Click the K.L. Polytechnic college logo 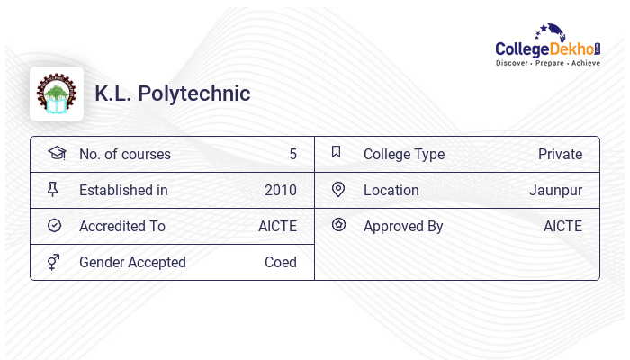click(57, 94)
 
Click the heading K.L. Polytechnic click(173, 94)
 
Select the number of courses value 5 click(292, 154)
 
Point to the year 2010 click(280, 190)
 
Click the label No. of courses click(124, 154)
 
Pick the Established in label click(123, 190)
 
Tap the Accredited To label click(122, 226)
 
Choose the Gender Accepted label click(132, 262)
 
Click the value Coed click(280, 262)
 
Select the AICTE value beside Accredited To click(277, 226)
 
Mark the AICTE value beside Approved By click(562, 226)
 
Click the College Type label click(404, 154)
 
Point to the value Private click(560, 154)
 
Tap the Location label click(391, 190)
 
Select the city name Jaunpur click(555, 190)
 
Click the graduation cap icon click(56, 153)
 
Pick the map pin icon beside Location click(338, 189)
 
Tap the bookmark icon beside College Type click(336, 152)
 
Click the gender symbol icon click(53, 262)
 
